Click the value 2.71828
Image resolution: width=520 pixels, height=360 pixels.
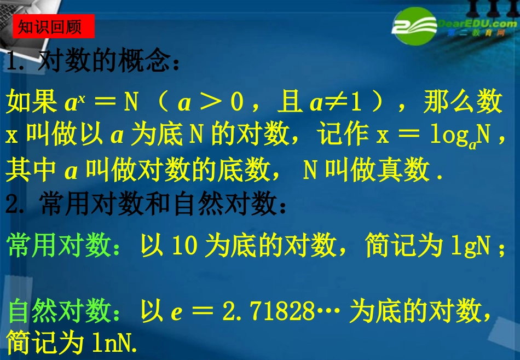[268, 311]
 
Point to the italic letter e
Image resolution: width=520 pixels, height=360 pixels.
[176, 312]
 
